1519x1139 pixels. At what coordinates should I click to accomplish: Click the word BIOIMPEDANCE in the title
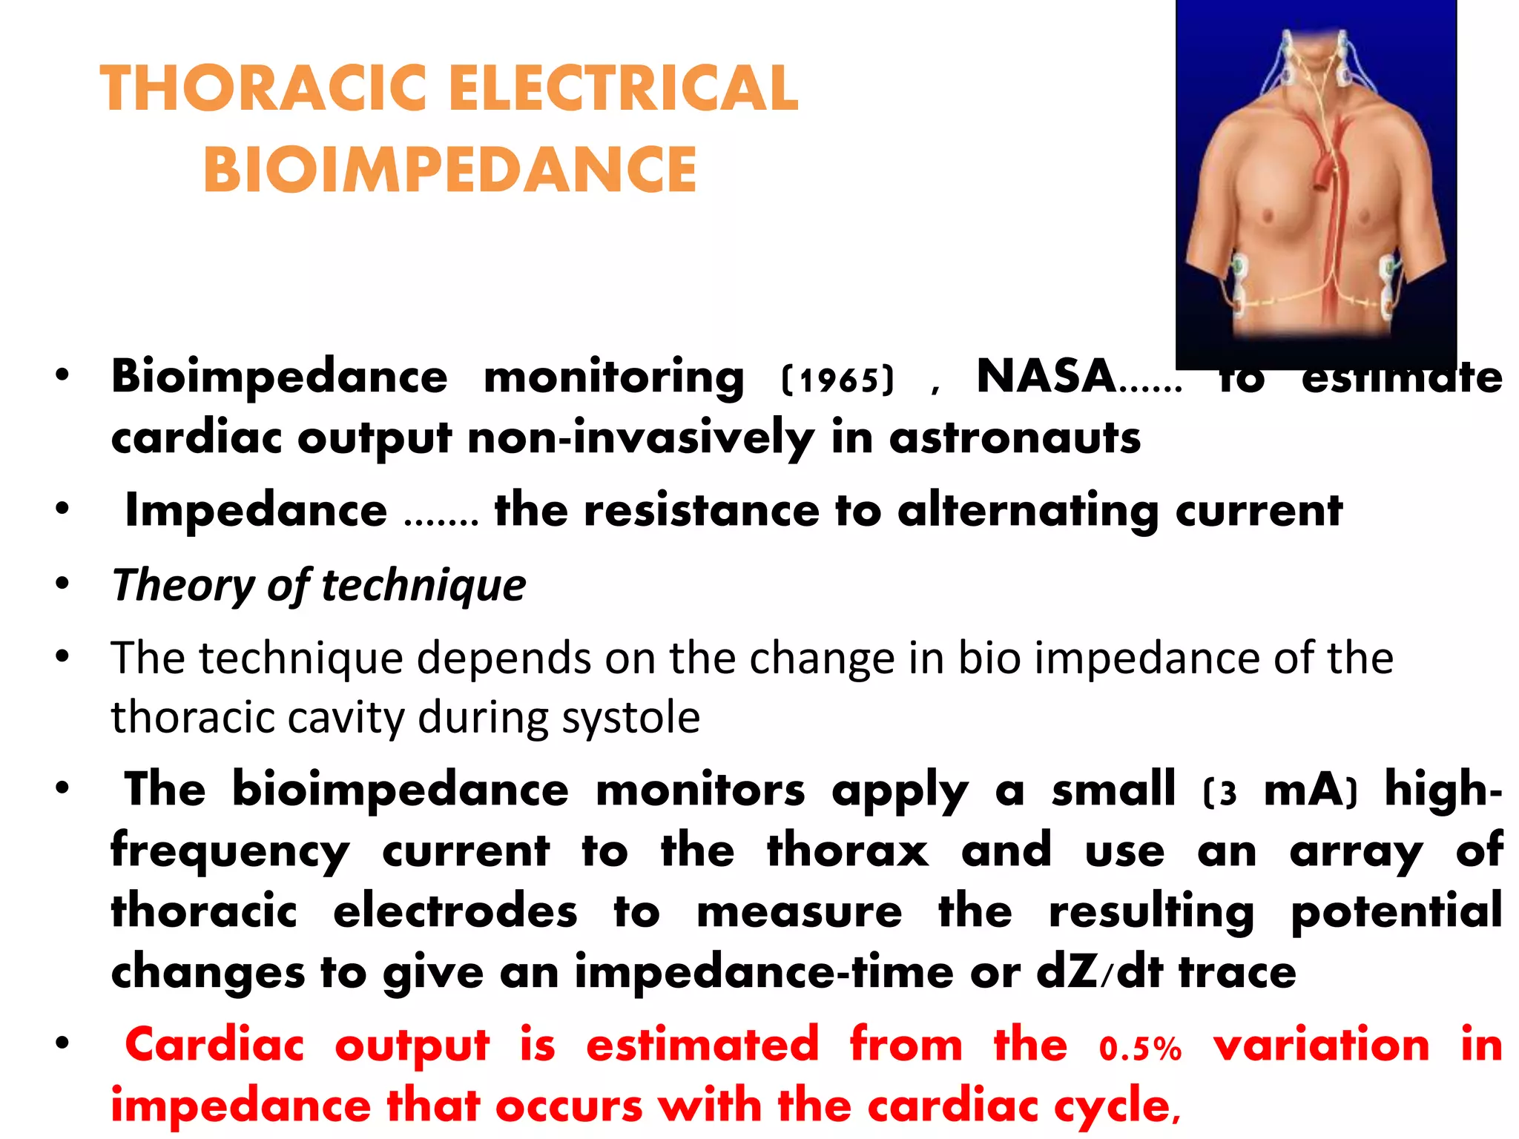(x=450, y=170)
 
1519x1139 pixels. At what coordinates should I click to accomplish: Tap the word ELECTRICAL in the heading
(x=623, y=89)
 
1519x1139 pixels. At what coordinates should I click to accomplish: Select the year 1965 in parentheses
(x=838, y=380)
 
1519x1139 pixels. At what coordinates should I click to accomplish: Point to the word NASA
(x=1046, y=377)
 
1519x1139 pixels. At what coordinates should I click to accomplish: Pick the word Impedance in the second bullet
(x=256, y=511)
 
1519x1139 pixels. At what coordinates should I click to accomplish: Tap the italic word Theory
(x=182, y=585)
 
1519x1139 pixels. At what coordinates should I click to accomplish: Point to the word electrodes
(x=455, y=912)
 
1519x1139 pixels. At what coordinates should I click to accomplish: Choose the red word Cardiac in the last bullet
(x=215, y=1046)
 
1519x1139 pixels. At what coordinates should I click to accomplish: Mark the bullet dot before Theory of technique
(x=62, y=584)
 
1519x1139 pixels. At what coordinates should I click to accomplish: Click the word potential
(x=1396, y=912)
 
